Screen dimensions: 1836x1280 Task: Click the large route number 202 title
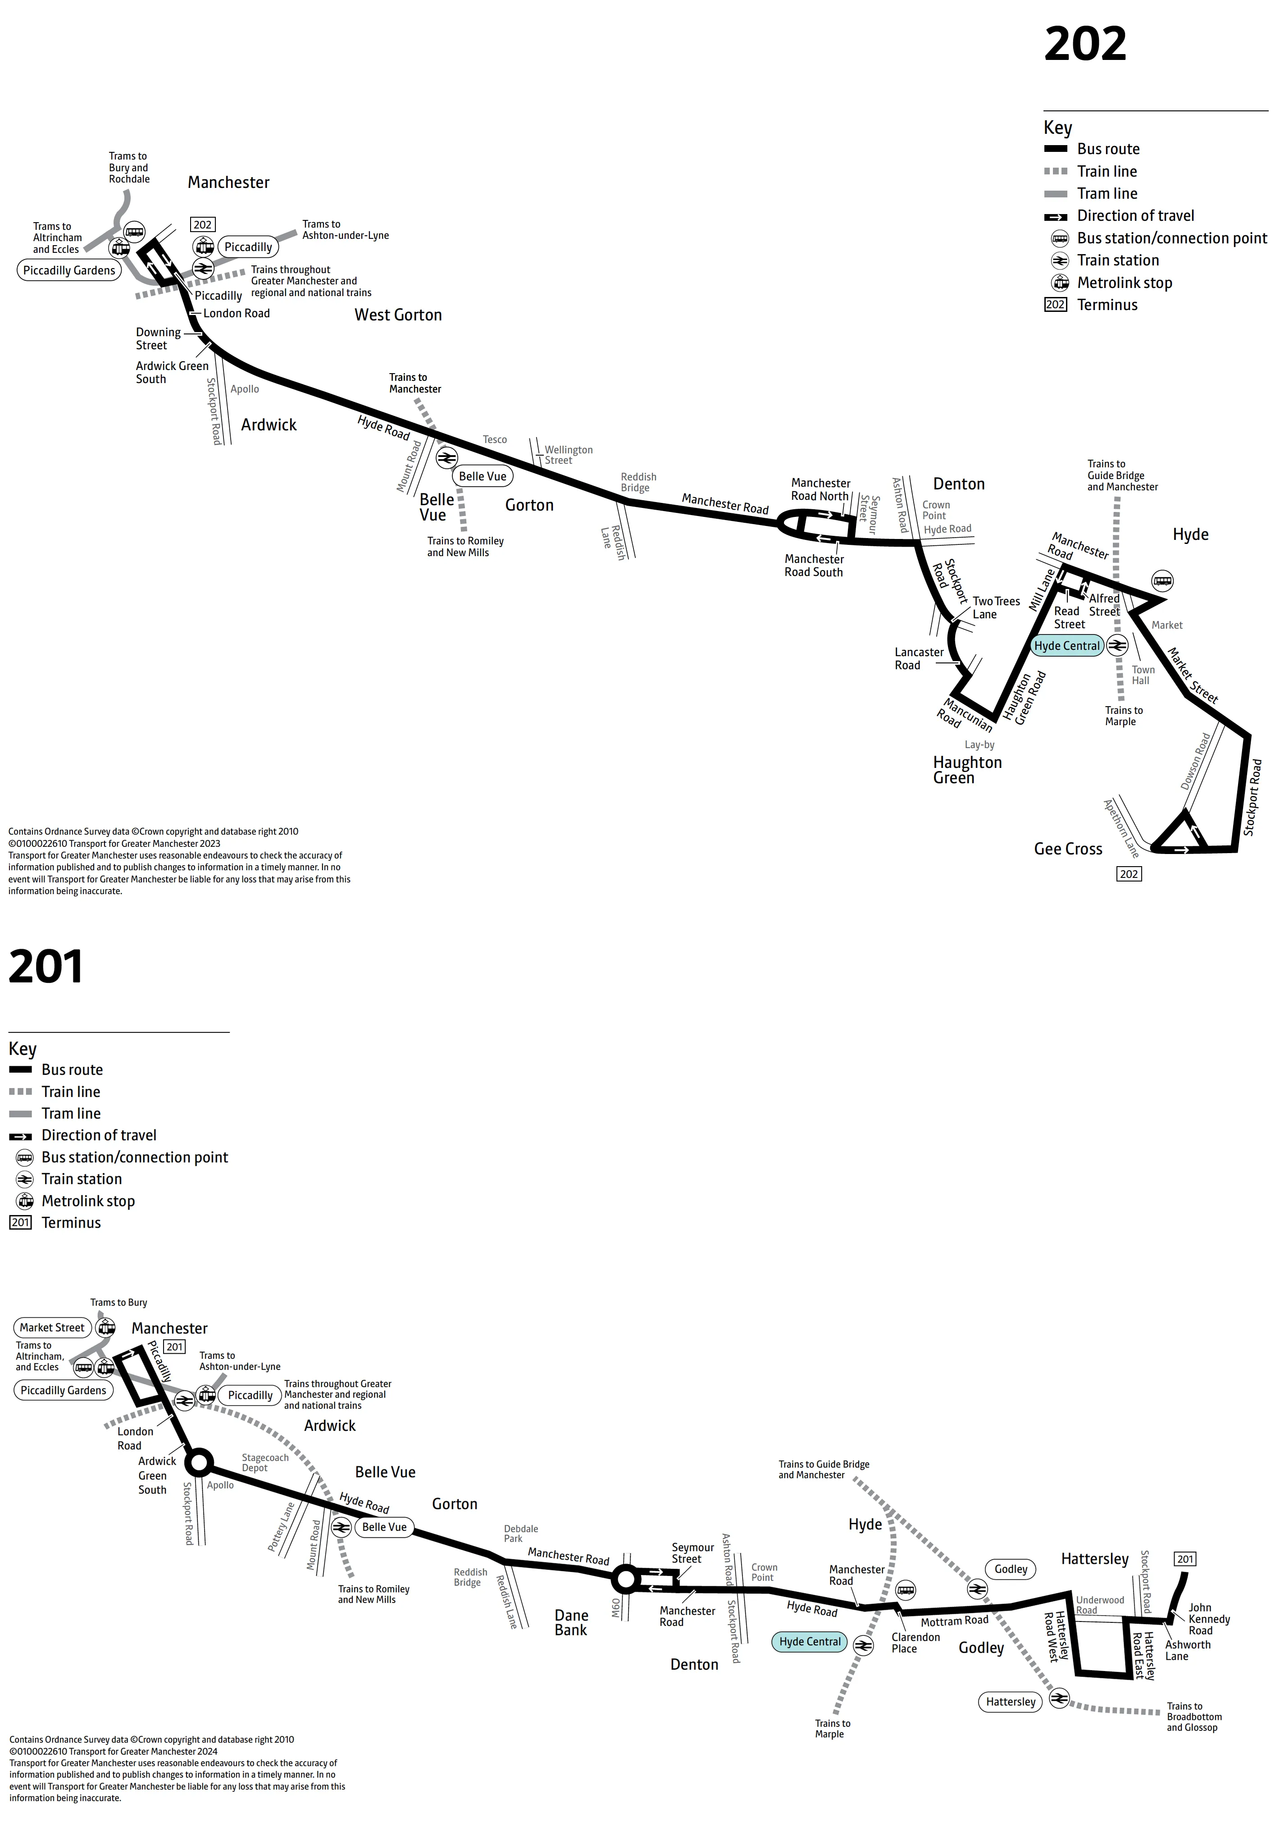(1085, 44)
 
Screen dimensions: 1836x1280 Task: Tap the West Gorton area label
(398, 315)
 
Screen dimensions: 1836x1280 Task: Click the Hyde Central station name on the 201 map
(810, 1642)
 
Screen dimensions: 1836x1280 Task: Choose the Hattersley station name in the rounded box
(1011, 1702)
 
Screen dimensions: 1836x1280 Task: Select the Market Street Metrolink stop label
(52, 1327)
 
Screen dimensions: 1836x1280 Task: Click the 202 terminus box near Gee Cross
(1129, 874)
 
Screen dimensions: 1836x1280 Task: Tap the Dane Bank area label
(571, 1622)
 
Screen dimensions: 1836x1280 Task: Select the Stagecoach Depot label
(264, 1462)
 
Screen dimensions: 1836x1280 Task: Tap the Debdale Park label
(520, 1533)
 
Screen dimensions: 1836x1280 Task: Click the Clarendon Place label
(916, 1643)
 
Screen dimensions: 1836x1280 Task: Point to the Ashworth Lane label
(1187, 1650)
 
